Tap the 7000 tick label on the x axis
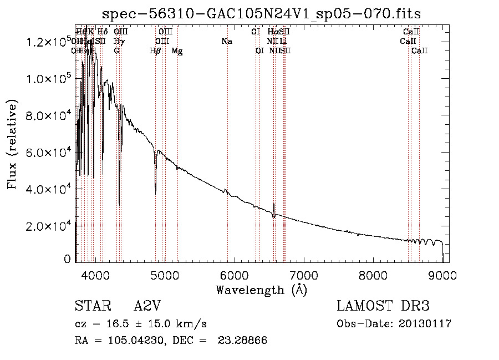[x=303, y=275]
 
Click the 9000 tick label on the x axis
[x=442, y=275]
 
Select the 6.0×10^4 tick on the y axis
[x=48, y=153]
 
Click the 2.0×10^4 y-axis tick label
[x=48, y=226]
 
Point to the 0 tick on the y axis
[x=67, y=258]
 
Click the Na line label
[x=226, y=42]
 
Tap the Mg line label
[x=177, y=51]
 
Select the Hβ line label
[x=155, y=51]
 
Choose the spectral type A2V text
[x=150, y=306]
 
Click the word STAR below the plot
[x=89, y=306]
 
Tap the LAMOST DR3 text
[x=383, y=306]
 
